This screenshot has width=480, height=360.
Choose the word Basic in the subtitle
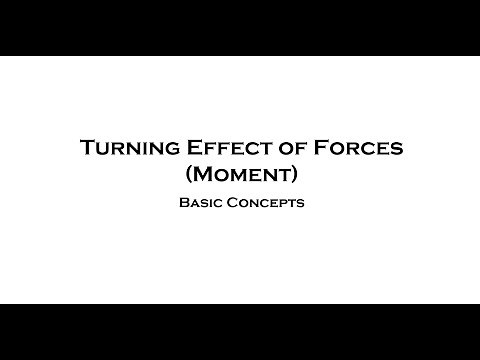click(x=203, y=202)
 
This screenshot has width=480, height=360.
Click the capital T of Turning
click(x=87, y=148)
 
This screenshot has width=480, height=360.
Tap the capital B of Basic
click(x=183, y=202)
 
